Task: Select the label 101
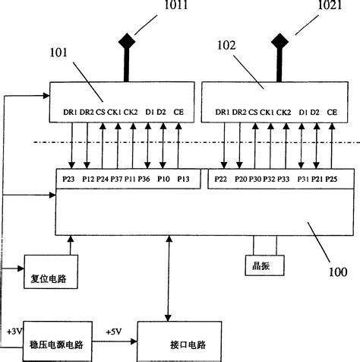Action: click(58, 54)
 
